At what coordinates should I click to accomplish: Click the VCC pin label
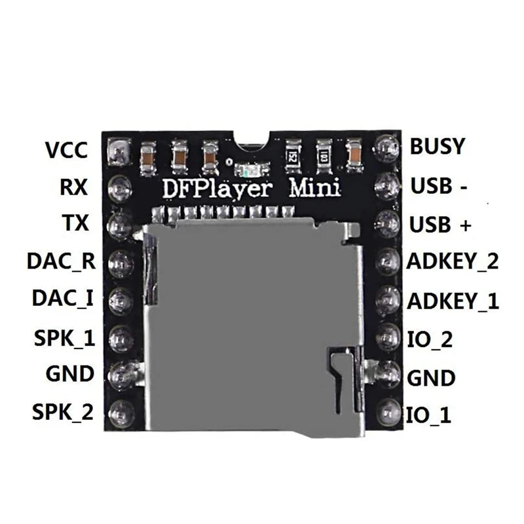pos(66,150)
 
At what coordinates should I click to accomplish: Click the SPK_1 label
pos(63,338)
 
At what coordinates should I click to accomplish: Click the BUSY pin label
pos(437,146)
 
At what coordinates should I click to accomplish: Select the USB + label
pos(440,225)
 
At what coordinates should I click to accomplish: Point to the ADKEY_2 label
pos(453,262)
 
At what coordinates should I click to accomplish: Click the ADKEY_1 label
pos(453,301)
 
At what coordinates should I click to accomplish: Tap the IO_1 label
pos(429,415)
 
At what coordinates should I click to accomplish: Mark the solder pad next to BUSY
pos(386,147)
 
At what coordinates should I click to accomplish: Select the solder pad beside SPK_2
pos(121,413)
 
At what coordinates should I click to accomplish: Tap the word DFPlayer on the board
pos(219,188)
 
